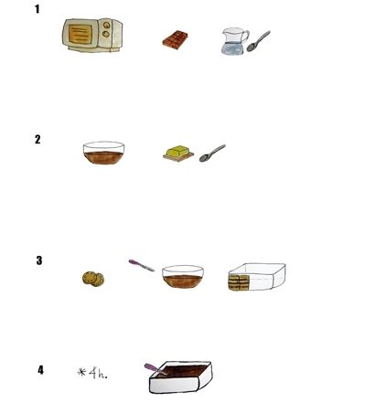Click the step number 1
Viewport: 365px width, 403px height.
pyautogui.click(x=38, y=9)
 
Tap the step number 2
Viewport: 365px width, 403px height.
pyautogui.click(x=38, y=139)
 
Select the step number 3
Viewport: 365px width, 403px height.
pyautogui.click(x=39, y=260)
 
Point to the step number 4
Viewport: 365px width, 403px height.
pyautogui.click(x=40, y=370)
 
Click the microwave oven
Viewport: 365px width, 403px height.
pyautogui.click(x=92, y=35)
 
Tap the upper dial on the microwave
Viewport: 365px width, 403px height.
pyautogui.click(x=106, y=25)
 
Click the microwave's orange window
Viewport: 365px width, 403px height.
pyautogui.click(x=80, y=34)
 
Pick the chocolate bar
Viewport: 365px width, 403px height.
pyautogui.click(x=175, y=40)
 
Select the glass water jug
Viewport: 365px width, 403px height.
pyautogui.click(x=234, y=41)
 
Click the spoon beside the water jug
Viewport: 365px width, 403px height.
pyautogui.click(x=258, y=41)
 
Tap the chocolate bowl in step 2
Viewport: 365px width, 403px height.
pyautogui.click(x=103, y=153)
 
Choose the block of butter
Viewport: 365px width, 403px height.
pyautogui.click(x=178, y=152)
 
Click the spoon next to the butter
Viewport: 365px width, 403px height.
pyautogui.click(x=212, y=154)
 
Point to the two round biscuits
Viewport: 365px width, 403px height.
pyautogui.click(x=93, y=279)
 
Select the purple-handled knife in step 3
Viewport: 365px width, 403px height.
pyautogui.click(x=142, y=265)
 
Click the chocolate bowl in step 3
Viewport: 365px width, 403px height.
pyautogui.click(x=183, y=277)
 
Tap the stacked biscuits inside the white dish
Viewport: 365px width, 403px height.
pyautogui.click(x=239, y=282)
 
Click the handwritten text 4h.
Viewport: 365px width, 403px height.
pyautogui.click(x=98, y=373)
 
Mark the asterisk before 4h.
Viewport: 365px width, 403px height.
pyautogui.click(x=81, y=372)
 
